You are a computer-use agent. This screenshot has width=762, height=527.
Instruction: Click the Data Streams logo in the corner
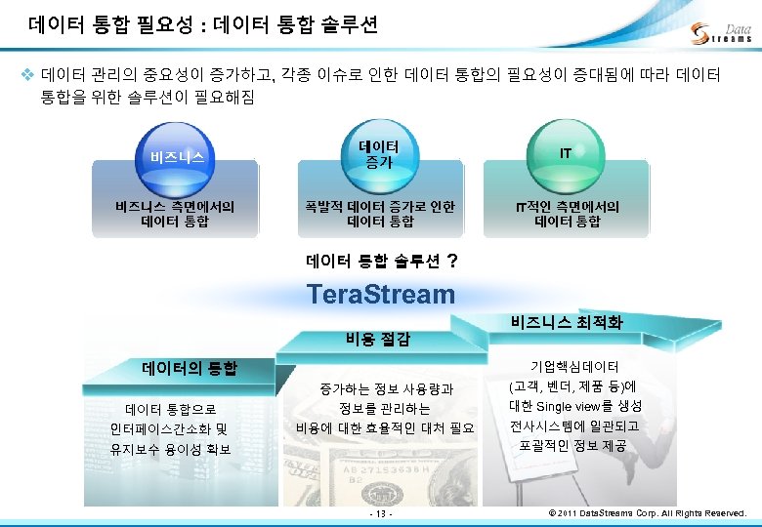720,32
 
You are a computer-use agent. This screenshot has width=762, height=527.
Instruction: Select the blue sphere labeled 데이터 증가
377,153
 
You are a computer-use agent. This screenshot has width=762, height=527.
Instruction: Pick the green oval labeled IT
566,153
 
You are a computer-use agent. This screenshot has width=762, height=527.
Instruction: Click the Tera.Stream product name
380,294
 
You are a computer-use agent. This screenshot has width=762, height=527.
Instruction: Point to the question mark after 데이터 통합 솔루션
450,261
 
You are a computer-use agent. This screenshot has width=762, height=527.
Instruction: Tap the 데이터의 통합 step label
189,368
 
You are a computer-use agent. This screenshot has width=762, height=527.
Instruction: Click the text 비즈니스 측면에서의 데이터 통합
176,214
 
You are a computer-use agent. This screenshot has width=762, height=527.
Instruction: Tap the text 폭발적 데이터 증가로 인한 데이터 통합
379,214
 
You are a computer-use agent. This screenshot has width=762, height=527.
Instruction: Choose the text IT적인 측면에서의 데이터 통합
567,214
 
